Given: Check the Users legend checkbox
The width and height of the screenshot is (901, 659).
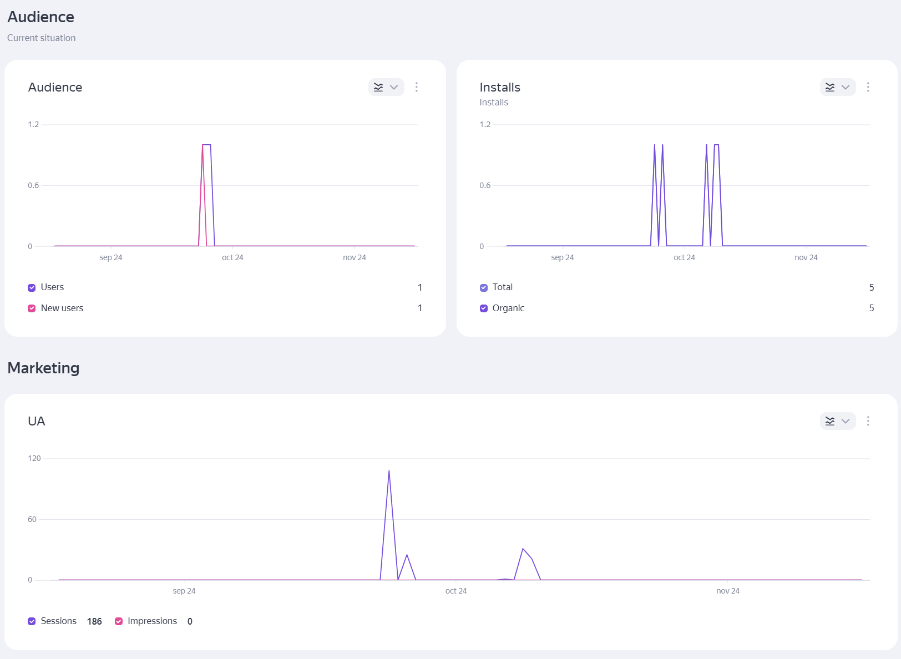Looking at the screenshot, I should (x=32, y=287).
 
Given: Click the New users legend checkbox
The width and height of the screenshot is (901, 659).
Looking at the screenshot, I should (x=32, y=308).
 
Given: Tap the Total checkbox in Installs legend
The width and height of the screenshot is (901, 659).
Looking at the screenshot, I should (x=483, y=287).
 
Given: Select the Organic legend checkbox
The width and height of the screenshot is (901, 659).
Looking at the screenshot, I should (x=483, y=308).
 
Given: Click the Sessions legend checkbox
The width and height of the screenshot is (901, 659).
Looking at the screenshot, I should (x=32, y=621).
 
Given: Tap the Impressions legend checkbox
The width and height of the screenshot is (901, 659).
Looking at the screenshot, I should (x=119, y=621).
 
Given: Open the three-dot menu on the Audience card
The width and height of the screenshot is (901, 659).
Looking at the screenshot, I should (x=417, y=87).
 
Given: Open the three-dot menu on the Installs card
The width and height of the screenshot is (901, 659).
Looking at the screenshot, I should (x=868, y=87).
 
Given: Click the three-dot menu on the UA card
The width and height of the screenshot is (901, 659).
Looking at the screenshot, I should (x=868, y=421).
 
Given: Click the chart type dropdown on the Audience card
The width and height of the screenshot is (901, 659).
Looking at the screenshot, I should (x=386, y=87).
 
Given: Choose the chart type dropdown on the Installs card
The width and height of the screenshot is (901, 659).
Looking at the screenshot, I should (x=838, y=87).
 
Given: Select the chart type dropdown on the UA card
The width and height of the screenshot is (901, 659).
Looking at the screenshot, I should (x=838, y=421).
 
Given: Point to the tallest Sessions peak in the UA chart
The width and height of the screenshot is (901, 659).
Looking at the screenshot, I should (x=389, y=472).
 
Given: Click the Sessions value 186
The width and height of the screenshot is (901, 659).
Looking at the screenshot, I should (x=94, y=621).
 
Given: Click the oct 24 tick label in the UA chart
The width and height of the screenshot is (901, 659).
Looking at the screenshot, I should (x=456, y=591).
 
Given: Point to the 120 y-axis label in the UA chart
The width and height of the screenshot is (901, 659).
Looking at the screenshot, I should (x=34, y=458).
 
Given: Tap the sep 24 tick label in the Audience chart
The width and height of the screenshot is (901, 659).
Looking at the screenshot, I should (x=111, y=257).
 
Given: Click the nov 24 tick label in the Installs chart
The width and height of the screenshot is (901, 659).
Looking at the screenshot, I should (x=806, y=257).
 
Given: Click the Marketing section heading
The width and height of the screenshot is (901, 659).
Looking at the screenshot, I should (x=43, y=368).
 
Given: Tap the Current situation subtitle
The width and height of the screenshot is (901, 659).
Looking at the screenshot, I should (x=42, y=38).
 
